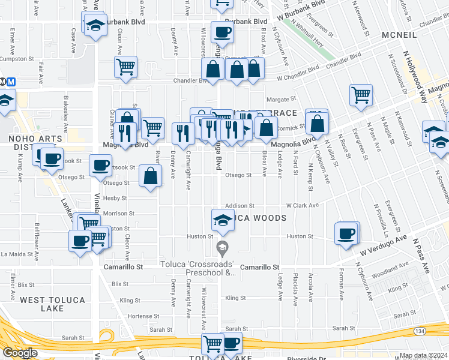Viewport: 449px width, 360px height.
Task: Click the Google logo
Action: (x=19, y=353)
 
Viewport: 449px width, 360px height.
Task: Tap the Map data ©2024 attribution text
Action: (x=424, y=355)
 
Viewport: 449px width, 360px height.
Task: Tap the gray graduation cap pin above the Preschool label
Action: (x=222, y=247)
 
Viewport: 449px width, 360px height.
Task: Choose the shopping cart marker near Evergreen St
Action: (x=361, y=94)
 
